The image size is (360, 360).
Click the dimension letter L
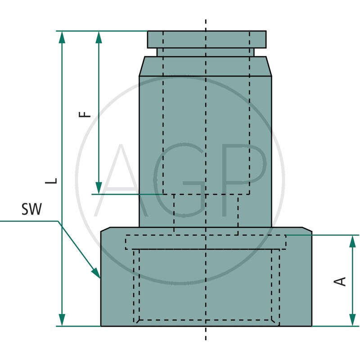pos(54,180)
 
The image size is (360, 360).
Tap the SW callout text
pos(31,209)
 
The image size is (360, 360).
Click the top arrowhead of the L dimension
pos(62,37)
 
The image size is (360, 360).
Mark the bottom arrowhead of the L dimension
pos(62,320)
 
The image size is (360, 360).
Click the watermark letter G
pos(180,180)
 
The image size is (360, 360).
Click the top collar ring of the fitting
pos(207,39)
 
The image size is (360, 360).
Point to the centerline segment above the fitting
pos(206,25)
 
